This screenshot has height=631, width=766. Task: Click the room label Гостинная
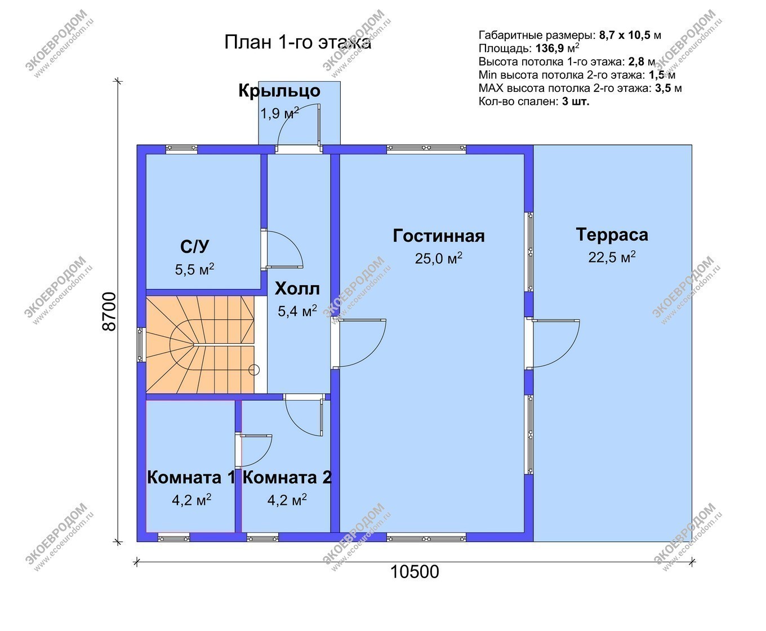(438, 236)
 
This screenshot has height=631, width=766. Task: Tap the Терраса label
(612, 235)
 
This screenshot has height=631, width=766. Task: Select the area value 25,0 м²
(438, 258)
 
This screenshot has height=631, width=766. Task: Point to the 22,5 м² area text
(612, 257)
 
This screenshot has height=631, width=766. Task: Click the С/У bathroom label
(195, 247)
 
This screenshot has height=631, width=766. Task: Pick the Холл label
(297, 289)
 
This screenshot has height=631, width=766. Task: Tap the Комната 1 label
(191, 478)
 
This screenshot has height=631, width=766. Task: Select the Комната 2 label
(287, 478)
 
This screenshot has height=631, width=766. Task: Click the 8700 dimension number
(109, 312)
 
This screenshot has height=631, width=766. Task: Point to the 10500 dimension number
(415, 572)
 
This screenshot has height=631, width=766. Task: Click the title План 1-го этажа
(297, 42)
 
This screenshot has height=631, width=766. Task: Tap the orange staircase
(201, 345)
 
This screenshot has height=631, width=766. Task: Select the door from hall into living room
(358, 343)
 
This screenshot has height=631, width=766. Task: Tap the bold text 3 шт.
(576, 101)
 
